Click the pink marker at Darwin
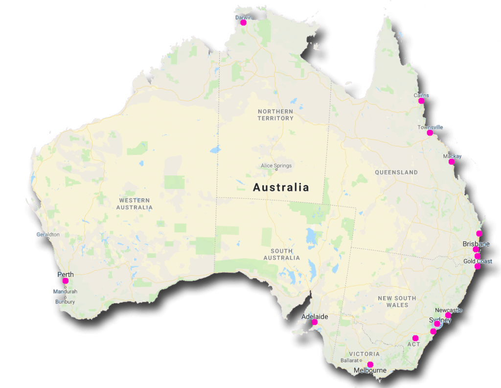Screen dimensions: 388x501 click(243, 22)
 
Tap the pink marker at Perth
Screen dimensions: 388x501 click(65, 281)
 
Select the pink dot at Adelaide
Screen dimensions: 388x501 click(315, 322)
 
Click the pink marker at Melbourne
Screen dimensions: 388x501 click(370, 364)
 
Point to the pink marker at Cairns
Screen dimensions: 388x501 click(421, 101)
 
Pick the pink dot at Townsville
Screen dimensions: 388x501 click(430, 133)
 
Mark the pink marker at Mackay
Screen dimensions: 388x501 click(452, 161)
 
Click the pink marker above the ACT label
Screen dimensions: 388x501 click(415, 338)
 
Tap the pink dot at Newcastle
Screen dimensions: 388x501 click(448, 316)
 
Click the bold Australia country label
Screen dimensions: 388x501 click(281, 187)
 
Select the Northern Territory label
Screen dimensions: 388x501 click(275, 115)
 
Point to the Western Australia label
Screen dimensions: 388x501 click(134, 204)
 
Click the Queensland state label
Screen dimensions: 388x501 click(396, 172)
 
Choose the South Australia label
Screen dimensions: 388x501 click(281, 254)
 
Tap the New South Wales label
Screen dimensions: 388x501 click(397, 301)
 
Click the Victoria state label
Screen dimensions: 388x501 click(364, 354)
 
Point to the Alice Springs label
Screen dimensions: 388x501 click(276, 165)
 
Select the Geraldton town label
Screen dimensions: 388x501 click(48, 234)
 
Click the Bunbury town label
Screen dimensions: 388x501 click(65, 302)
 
